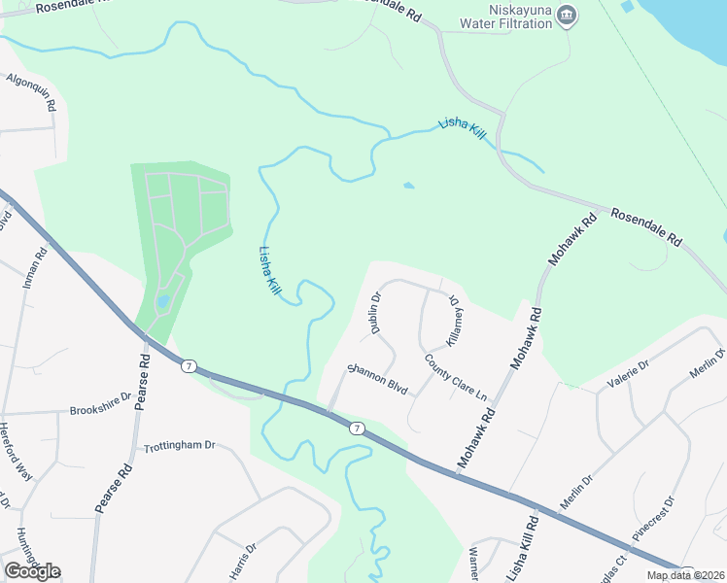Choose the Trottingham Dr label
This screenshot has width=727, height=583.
click(x=179, y=446)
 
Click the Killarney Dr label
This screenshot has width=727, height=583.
click(x=451, y=320)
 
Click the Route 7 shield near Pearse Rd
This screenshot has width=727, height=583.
click(x=189, y=365)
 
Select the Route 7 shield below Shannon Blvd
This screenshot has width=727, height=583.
click(x=358, y=428)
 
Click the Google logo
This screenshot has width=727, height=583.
click(x=32, y=571)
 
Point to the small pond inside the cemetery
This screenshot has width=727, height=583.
click(x=162, y=301)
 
